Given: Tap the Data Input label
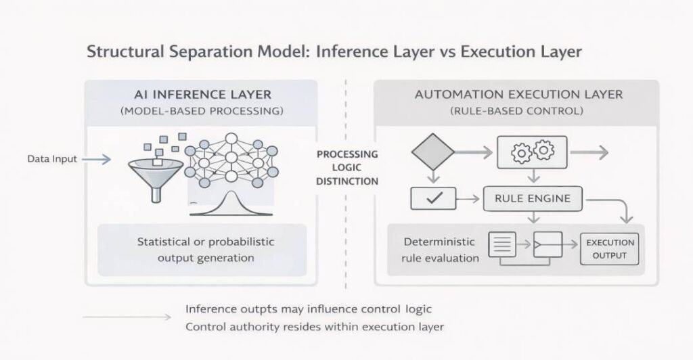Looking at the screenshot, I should coord(51,159).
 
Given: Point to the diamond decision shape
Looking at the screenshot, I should coord(434,152).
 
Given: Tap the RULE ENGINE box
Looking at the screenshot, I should coord(532,199).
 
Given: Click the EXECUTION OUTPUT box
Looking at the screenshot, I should coord(610,248).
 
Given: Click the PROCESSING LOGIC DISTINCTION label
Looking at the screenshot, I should coord(347,167).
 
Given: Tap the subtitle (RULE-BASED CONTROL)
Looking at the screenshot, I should coord(516,110).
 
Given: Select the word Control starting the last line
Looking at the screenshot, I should coord(207,328).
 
